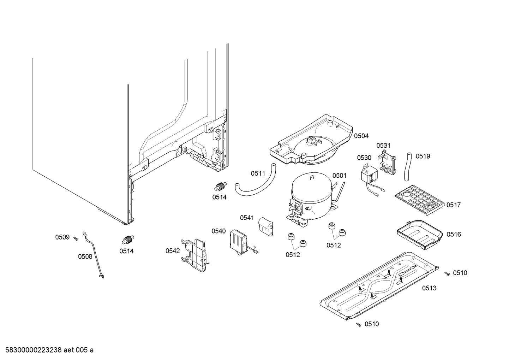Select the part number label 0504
[361, 136]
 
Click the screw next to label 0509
[76, 239]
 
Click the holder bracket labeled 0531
[387, 162]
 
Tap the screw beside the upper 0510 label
[447, 273]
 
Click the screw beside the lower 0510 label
[359, 324]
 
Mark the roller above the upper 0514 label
[221, 186]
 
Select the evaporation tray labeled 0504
[311, 141]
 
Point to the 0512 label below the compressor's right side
[334, 245]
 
